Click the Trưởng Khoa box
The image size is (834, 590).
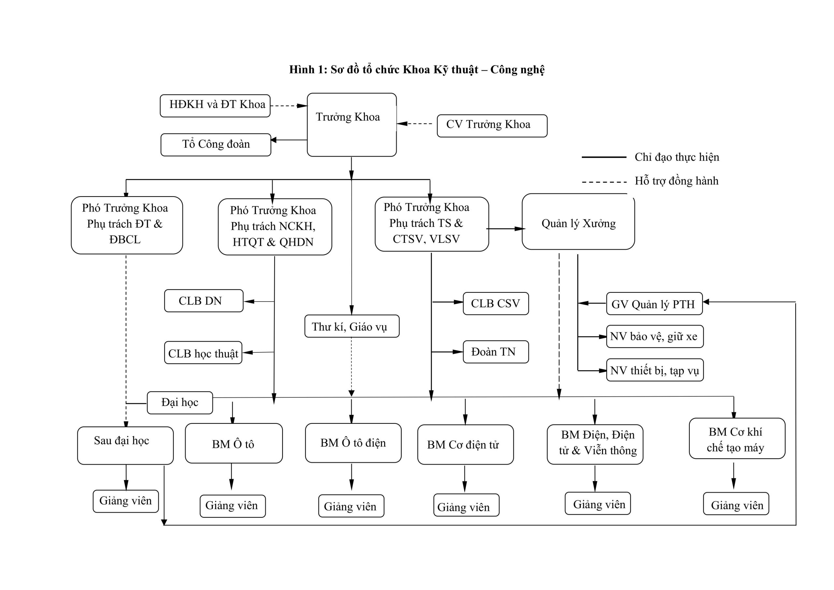351,125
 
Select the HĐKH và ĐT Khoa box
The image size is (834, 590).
215,106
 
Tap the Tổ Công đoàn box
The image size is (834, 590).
216,145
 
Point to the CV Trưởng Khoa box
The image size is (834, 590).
492,126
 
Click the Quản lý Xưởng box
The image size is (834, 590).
578,222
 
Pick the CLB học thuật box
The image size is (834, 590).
203,353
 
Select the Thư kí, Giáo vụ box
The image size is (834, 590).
352,326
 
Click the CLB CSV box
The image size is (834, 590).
496,303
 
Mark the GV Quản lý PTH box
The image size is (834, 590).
654,303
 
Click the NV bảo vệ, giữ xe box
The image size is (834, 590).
654,336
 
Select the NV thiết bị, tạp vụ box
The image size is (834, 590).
654,370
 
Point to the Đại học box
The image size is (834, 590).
180,403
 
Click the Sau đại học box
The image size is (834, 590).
125,445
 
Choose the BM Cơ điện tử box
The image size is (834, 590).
465,444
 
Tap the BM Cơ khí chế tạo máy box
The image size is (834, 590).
737,438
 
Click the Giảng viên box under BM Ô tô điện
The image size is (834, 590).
351,506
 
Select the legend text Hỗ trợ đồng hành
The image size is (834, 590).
676,181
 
